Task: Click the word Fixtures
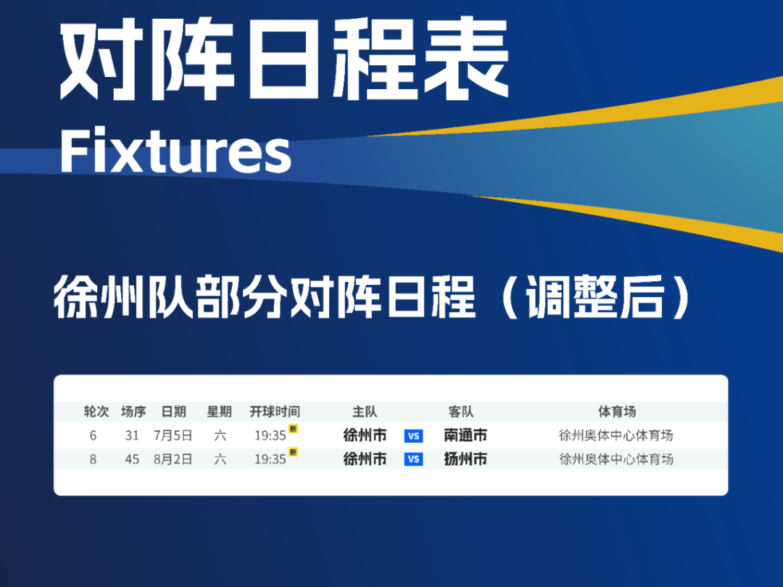tap(175, 150)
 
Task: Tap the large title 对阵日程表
tap(284, 59)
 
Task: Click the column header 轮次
tap(96, 412)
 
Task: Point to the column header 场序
tap(133, 412)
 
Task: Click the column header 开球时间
tap(275, 412)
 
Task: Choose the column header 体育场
tap(617, 412)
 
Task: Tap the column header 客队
tap(461, 412)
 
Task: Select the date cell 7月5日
tap(173, 436)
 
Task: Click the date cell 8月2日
tap(173, 459)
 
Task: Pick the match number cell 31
tap(132, 436)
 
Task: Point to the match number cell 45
tap(132, 459)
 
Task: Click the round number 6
tap(93, 436)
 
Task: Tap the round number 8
tap(93, 459)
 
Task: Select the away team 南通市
tap(465, 436)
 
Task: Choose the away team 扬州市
tap(465, 459)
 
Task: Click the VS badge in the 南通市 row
tap(413, 436)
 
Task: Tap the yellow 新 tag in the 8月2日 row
tap(293, 452)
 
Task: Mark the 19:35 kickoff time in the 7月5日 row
tap(270, 436)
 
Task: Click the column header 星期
tap(219, 412)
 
